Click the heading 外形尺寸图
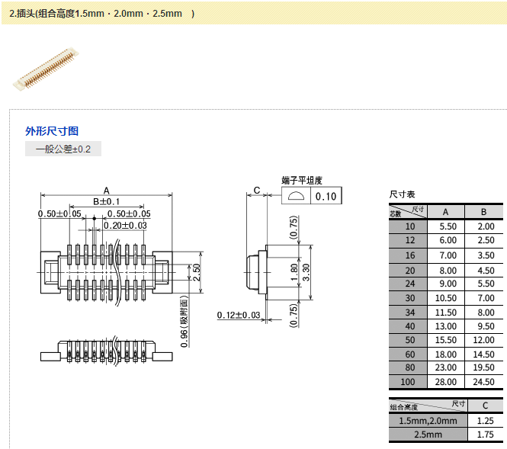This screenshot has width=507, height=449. pyautogui.click(x=52, y=131)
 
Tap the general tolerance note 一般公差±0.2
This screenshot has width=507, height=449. pyautogui.click(x=63, y=149)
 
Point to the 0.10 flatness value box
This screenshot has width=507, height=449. pyautogui.click(x=326, y=197)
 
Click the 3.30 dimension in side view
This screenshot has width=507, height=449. pyautogui.click(x=306, y=269)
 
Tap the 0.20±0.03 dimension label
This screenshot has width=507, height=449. pyautogui.click(x=125, y=226)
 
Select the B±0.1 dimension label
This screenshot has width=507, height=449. pyautogui.click(x=107, y=201)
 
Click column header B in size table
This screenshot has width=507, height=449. pyautogui.click(x=484, y=211)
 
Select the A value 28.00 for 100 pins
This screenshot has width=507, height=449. pyautogui.click(x=446, y=382)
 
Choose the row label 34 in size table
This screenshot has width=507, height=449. pyautogui.click(x=411, y=313)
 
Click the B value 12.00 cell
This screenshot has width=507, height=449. pyautogui.click(x=484, y=339)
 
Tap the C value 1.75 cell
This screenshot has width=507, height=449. pyautogui.click(x=484, y=435)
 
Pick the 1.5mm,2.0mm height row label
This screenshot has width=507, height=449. pyautogui.click(x=428, y=420)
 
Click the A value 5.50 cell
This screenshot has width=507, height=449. pyautogui.click(x=446, y=226)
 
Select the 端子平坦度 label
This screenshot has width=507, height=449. pyautogui.click(x=302, y=181)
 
